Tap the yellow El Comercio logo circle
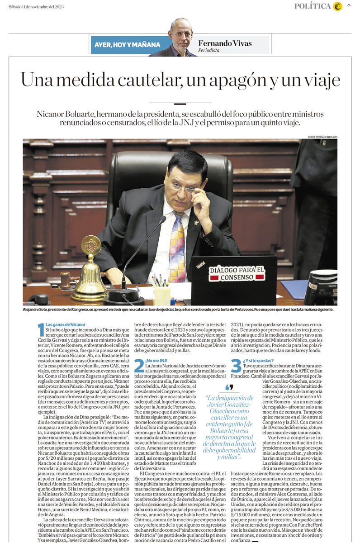click(x=337, y=6)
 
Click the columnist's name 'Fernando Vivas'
click(x=225, y=43)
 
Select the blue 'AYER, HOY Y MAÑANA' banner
click(x=128, y=45)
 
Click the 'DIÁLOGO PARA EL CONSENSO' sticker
click(x=237, y=273)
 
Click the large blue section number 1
click(x=41, y=330)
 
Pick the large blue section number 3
click(x=236, y=366)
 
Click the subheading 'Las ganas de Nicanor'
click(x=66, y=325)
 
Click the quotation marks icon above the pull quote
click(x=229, y=387)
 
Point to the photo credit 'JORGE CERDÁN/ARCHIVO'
click(x=322, y=137)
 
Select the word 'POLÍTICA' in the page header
click(x=312, y=6)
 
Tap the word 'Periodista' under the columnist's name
click(x=209, y=51)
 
